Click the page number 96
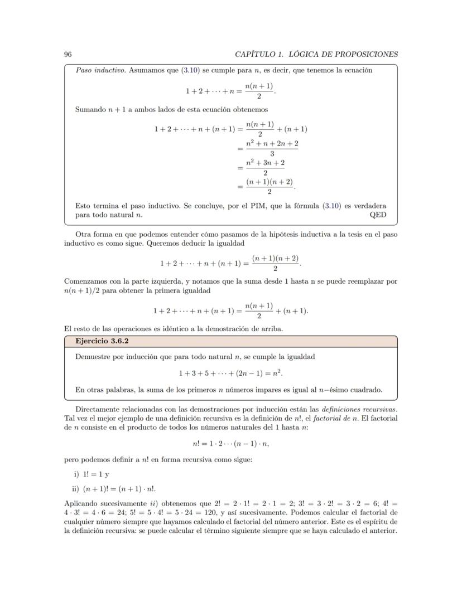tap(68, 54)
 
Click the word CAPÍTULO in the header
tap(256, 54)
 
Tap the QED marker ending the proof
tap(378, 215)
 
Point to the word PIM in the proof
tap(278, 205)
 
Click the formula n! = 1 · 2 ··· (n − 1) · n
tap(230, 444)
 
